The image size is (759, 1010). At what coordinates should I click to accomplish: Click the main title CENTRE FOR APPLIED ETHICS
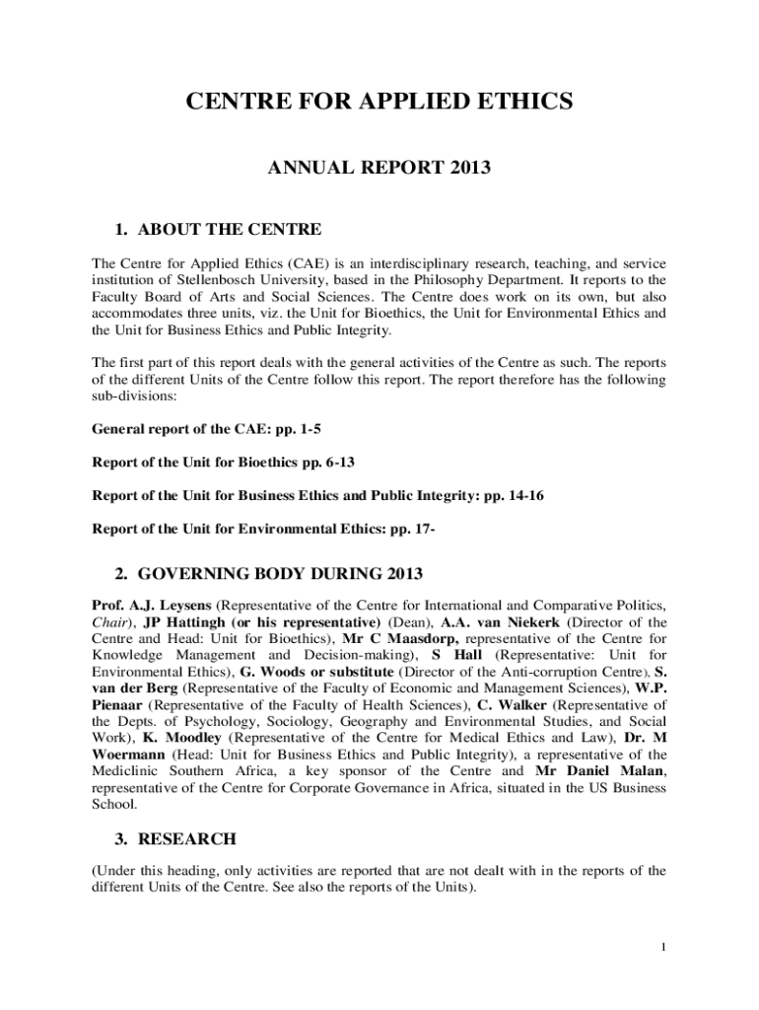[x=379, y=102]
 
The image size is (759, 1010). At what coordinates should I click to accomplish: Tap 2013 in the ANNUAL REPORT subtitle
[x=469, y=169]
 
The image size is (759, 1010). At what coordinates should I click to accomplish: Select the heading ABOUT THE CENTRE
[x=229, y=230]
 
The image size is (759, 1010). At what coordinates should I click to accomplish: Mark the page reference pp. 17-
[x=413, y=528]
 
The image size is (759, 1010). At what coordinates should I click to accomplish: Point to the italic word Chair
[x=112, y=622]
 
